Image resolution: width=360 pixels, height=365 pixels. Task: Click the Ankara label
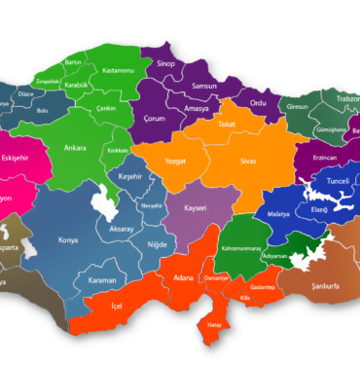pos(75,149)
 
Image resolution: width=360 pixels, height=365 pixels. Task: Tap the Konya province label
pos(69,239)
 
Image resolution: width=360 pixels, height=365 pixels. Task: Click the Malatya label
pos(278,212)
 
